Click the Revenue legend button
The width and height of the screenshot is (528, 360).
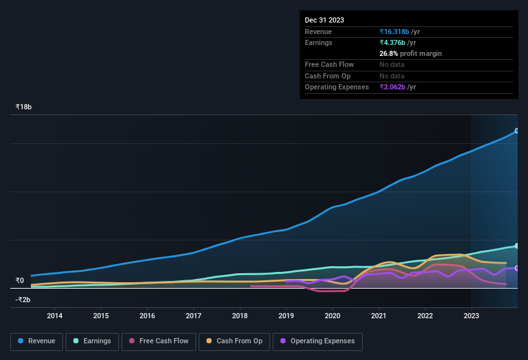point(37,341)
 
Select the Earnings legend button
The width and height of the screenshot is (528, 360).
point(91,341)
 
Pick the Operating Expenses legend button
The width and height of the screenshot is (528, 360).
point(318,341)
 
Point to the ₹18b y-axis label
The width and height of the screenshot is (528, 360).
point(24,107)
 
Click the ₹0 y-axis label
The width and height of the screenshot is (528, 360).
point(19,280)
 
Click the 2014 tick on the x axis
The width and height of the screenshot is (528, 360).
point(55,316)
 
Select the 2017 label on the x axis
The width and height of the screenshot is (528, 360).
point(194,316)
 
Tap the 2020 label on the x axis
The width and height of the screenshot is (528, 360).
point(332,316)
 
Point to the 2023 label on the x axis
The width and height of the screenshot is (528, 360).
point(471,316)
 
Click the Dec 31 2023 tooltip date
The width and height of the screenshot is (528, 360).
point(324,20)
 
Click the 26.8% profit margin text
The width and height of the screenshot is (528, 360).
point(410,53)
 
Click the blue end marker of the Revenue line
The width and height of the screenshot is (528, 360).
point(517,130)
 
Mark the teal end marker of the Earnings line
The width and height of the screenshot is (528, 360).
point(517,246)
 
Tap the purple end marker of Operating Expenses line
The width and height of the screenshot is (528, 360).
point(517,268)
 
